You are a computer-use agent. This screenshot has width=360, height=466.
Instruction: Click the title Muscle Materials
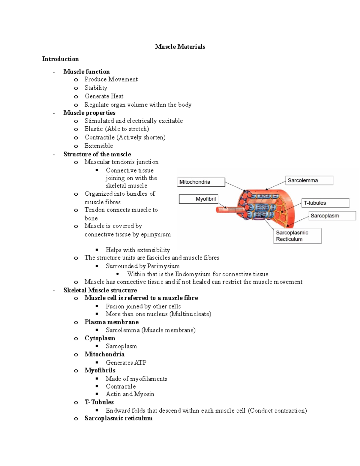click(180, 47)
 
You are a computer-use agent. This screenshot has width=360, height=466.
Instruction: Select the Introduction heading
click(60, 59)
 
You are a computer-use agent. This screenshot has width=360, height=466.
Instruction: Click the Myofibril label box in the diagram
click(198, 199)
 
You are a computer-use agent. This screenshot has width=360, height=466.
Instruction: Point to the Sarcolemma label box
click(309, 180)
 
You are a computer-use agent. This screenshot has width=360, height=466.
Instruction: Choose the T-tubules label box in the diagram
click(325, 203)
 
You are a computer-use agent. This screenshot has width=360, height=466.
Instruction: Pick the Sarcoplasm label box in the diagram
click(332, 216)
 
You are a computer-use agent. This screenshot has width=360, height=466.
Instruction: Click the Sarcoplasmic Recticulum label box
click(297, 236)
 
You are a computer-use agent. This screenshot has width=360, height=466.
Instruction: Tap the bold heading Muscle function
click(86, 71)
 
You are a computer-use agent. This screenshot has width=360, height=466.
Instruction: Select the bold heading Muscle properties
click(89, 113)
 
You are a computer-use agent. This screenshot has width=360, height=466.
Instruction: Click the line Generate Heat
click(104, 96)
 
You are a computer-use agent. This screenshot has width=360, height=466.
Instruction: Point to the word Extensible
click(99, 146)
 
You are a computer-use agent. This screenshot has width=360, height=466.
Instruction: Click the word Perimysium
click(163, 266)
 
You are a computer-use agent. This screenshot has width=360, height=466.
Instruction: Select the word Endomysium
click(193, 274)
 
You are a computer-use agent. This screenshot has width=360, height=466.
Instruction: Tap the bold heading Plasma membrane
click(112, 322)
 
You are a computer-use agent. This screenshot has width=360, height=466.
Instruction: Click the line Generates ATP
click(126, 362)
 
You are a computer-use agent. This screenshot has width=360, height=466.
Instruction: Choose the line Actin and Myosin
click(130, 394)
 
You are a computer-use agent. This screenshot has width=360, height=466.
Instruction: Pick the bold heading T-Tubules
click(99, 402)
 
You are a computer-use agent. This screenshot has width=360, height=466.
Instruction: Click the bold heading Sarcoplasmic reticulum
click(118, 418)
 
